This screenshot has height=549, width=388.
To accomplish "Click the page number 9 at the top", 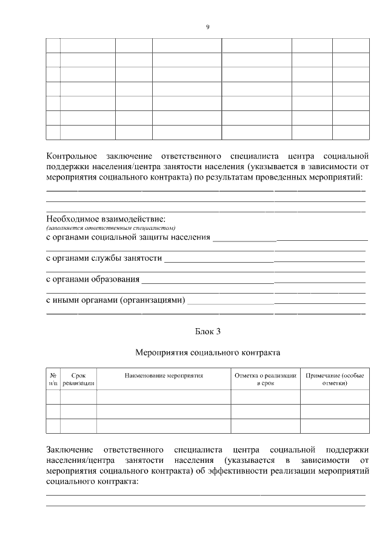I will coord(207,27).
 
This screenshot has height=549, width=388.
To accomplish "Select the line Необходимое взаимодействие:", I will coord(106,218).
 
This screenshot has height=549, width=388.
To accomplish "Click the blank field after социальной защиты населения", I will coord(290,237).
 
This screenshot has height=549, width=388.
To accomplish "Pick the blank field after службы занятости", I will coord(265,258).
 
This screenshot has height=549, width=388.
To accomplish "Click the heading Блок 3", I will coord(207,331).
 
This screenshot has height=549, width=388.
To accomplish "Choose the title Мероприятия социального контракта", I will coord(207,352).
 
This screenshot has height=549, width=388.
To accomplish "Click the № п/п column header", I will coord(53,379).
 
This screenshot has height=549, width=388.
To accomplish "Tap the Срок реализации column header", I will coord(78,379).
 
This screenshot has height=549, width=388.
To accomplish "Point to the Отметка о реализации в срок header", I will coord(266,379).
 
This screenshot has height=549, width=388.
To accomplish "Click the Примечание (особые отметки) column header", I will coord(335,379).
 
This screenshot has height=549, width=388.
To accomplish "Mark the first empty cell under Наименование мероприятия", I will coord(163,397).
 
